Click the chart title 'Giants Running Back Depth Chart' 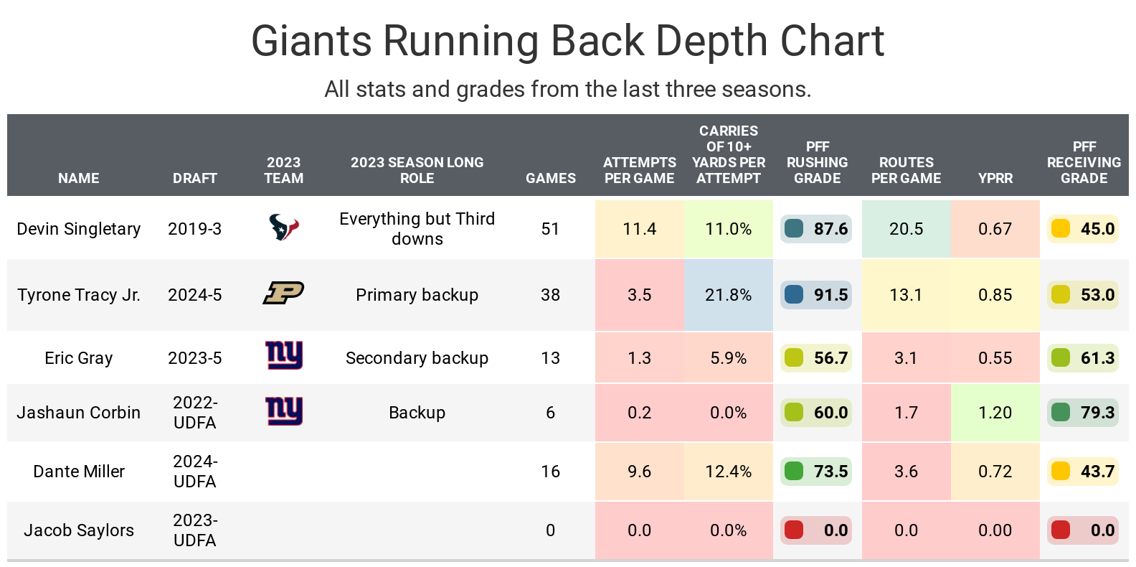[567, 41]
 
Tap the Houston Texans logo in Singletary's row [284, 228]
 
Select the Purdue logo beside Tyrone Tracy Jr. [284, 293]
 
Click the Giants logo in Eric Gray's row [284, 355]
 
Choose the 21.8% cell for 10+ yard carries [728, 295]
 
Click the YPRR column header [995, 178]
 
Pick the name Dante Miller [79, 472]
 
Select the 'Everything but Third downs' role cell [417, 229]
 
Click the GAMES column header [551, 178]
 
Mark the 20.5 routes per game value [906, 229]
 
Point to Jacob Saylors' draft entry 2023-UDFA [194, 530]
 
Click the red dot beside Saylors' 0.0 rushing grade [794, 530]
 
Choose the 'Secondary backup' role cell [417, 358]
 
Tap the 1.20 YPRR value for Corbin [995, 413]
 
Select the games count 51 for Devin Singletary [550, 229]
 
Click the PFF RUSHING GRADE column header [817, 162]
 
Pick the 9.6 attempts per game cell [639, 472]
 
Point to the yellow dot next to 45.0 [1060, 229]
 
